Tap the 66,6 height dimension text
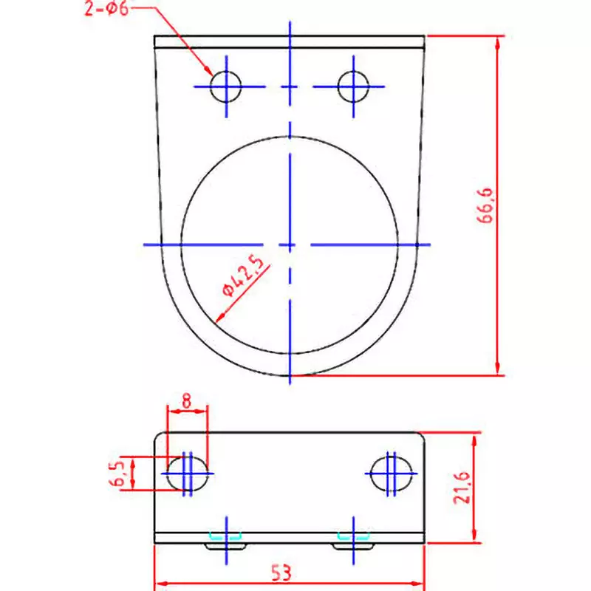[x=489, y=209]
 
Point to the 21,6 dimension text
[x=463, y=488]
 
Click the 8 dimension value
[x=186, y=401]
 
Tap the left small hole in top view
[x=225, y=86]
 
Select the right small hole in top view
[x=354, y=86]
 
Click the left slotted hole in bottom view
[x=188, y=473]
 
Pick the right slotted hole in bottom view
[x=389, y=473]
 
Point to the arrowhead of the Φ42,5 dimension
[x=218, y=319]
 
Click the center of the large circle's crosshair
[x=290, y=244]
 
